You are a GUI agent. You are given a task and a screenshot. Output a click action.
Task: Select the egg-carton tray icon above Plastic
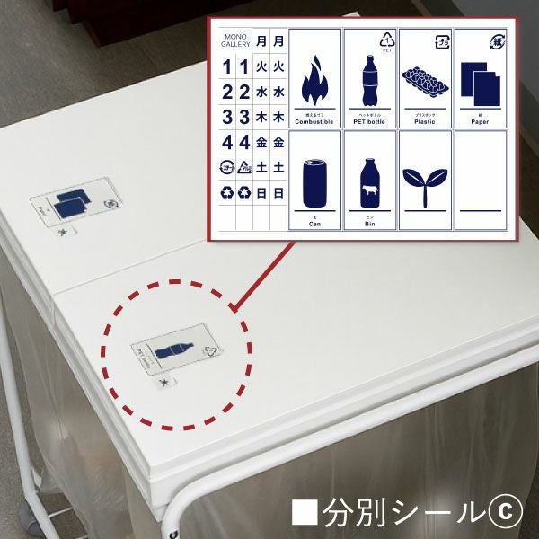click(x=425, y=81)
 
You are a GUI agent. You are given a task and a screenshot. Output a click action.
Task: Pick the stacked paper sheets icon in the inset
click(x=478, y=82)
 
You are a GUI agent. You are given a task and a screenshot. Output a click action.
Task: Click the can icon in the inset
click(x=314, y=181)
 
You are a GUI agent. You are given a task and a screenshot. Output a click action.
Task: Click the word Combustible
click(x=314, y=121)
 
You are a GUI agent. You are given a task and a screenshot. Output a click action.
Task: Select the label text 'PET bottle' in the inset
click(x=369, y=121)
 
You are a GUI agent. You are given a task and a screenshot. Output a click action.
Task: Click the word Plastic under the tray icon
click(x=425, y=121)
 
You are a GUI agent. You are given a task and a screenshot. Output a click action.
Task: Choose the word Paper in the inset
click(x=479, y=121)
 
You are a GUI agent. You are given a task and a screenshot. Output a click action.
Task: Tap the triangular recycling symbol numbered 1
click(x=387, y=40)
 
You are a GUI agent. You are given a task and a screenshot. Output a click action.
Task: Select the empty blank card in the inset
click(x=480, y=181)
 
